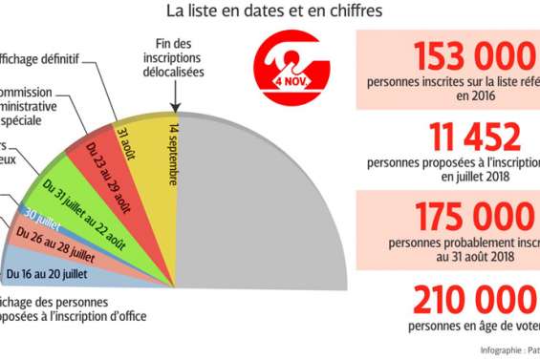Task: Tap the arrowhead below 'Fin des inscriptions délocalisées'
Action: click(x=176, y=111)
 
